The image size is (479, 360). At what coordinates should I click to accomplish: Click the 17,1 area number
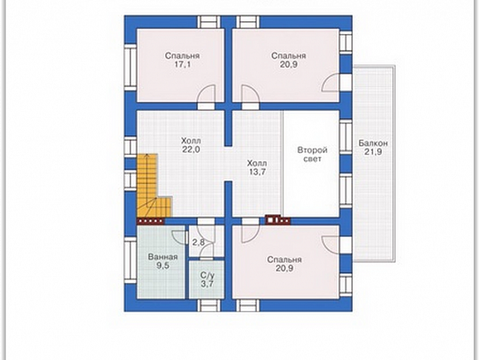pos(182,65)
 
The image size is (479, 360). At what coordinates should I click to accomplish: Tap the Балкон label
pos(373,143)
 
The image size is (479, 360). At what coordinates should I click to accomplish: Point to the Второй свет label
pos(313,154)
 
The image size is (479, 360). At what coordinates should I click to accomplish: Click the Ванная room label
pos(163,256)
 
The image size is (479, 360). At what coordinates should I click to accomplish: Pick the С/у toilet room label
pos(208,275)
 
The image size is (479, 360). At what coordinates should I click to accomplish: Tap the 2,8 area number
pos(198,243)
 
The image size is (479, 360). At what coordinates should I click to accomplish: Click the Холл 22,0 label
pos(191,145)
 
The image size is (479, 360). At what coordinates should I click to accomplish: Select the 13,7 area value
pos(257,172)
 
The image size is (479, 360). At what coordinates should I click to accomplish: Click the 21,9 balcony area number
pos(373,152)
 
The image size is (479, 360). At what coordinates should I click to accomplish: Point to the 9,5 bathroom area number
pos(163,265)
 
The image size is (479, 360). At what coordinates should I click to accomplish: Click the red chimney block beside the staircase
pos(150,221)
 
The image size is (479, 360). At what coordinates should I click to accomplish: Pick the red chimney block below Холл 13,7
pos(278,220)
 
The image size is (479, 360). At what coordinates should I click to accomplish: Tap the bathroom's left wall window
pos(131,260)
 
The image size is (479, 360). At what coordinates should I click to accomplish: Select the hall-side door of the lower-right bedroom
pos(251,231)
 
